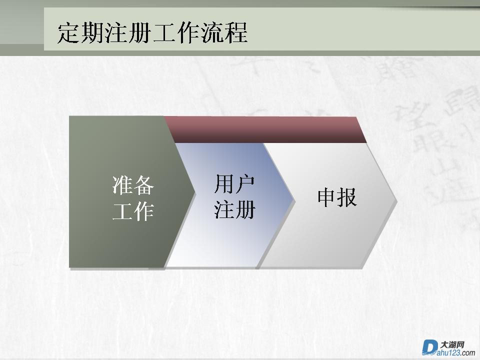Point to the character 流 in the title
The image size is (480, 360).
tap(212, 32)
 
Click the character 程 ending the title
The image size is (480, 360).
tap(236, 32)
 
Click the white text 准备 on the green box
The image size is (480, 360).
tap(133, 185)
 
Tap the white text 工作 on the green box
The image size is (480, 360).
tap(133, 211)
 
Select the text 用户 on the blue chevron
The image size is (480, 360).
tap(235, 184)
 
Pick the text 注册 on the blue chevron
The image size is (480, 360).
tap(235, 209)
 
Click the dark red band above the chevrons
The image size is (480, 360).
tap(265, 129)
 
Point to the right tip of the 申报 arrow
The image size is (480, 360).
tap(396, 201)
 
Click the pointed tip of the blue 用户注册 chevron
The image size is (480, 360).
tap(294, 201)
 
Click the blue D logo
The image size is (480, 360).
tap(429, 347)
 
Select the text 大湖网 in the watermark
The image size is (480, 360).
tap(452, 344)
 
